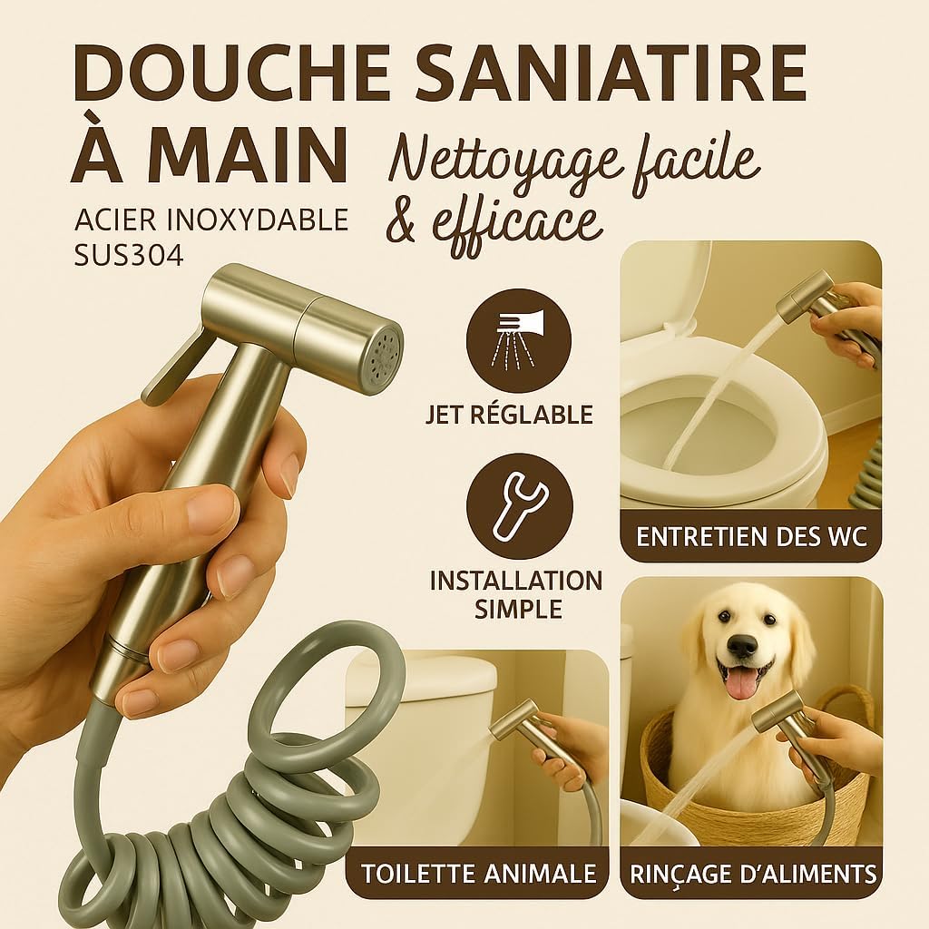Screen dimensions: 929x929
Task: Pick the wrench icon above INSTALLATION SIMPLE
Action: (519, 506)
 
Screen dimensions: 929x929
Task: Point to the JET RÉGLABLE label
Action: (509, 415)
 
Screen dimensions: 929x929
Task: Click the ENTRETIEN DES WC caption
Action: (751, 536)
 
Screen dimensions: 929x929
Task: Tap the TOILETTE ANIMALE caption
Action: (479, 874)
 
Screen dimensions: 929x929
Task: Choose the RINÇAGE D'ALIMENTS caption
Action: (753, 874)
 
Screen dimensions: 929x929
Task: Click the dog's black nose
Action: (742, 645)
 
